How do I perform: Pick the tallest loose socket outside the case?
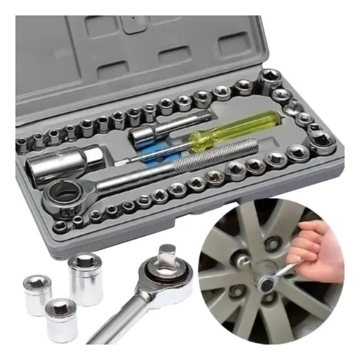(85, 278)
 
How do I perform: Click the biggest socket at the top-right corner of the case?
(269, 80)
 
